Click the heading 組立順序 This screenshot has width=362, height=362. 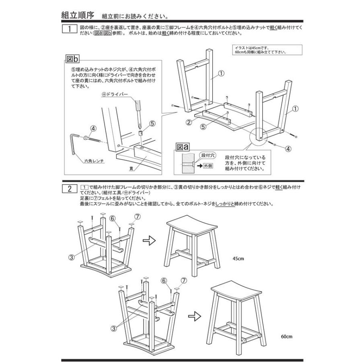pyautogui.click(x=77, y=16)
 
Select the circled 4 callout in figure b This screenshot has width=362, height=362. pyautogui.click(x=93, y=129)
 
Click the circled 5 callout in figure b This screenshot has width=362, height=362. pyautogui.click(x=152, y=123)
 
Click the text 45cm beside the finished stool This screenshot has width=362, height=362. pyautogui.click(x=238, y=259)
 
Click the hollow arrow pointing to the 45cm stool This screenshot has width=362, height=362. pyautogui.click(x=149, y=241)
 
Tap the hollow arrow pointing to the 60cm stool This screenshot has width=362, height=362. pyautogui.click(x=195, y=316)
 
